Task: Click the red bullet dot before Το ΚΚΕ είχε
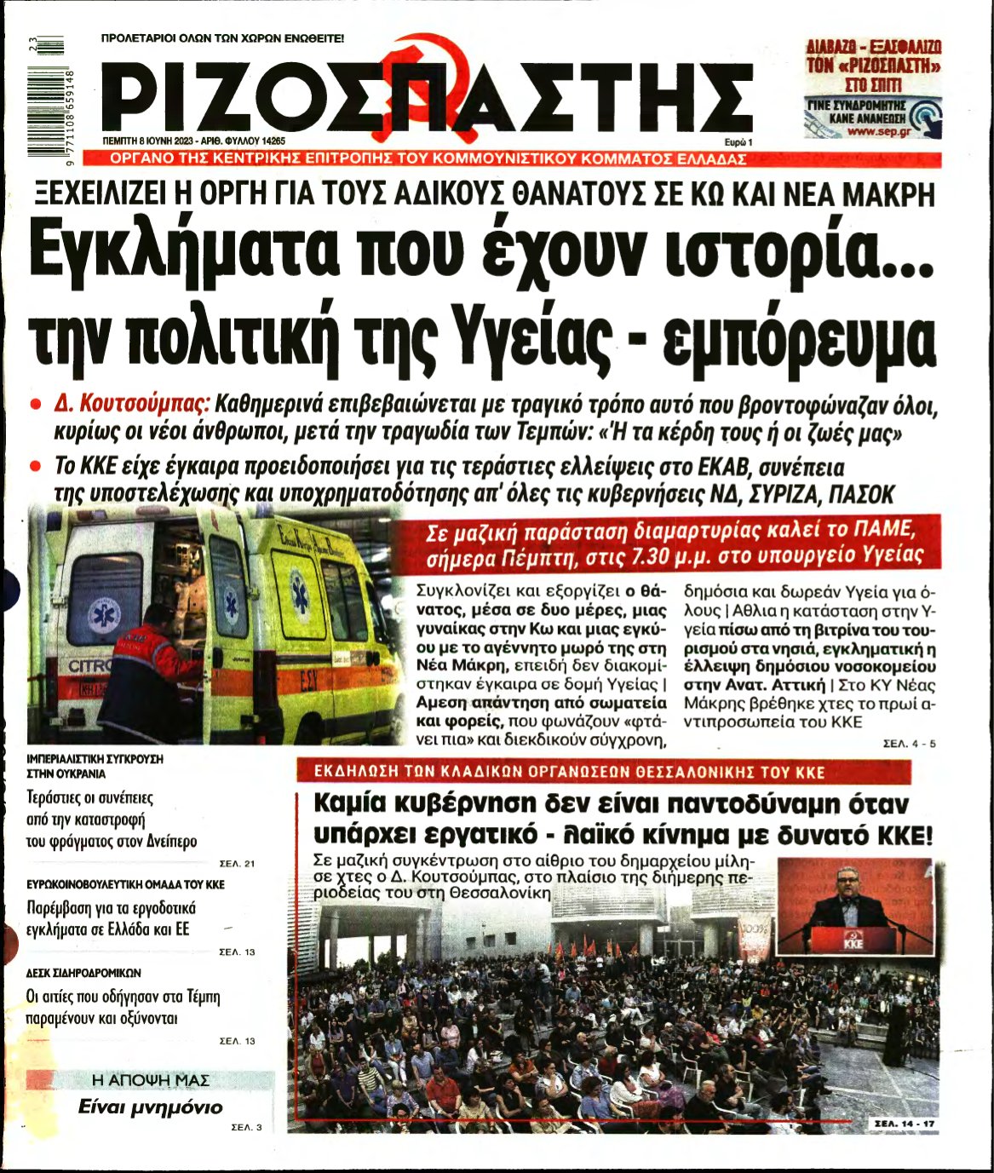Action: (x=36, y=467)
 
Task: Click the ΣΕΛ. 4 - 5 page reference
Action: (x=910, y=744)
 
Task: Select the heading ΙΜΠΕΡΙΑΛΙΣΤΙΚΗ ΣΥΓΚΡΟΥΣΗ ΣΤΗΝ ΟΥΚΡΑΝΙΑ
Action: (x=95, y=766)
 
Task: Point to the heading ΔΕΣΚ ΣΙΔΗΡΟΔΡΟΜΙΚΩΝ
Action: (x=83, y=972)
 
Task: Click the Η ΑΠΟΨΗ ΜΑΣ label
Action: (x=150, y=1080)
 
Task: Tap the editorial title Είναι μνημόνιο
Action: (x=150, y=1107)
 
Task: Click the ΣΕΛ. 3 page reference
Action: (x=247, y=1128)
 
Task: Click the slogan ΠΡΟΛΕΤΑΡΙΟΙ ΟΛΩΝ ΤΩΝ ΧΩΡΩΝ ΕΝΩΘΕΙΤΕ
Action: (x=222, y=38)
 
